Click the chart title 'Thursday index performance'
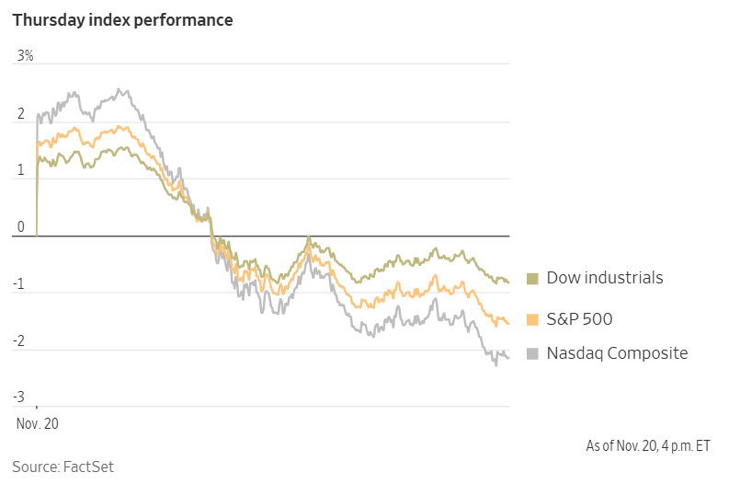pyautogui.click(x=122, y=19)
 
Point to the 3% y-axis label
pyautogui.click(x=25, y=56)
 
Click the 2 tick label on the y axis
pyautogui.click(x=21, y=113)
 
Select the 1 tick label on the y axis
pyautogui.click(x=21, y=170)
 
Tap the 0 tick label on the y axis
pyautogui.click(x=21, y=227)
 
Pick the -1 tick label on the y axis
pyautogui.click(x=20, y=284)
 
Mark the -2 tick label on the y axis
pyautogui.click(x=20, y=341)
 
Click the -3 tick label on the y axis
pyautogui.click(x=20, y=398)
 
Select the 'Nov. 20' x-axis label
pyautogui.click(x=37, y=423)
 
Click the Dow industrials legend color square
pyautogui.click(x=532, y=278)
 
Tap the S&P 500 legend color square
pyautogui.click(x=532, y=319)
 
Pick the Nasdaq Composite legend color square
pyautogui.click(x=532, y=353)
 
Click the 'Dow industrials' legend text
pyautogui.click(x=605, y=278)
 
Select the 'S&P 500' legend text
pyautogui.click(x=579, y=319)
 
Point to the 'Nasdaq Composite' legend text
pyautogui.click(x=617, y=353)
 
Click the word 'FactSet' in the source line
pyautogui.click(x=88, y=467)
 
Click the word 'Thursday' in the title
pyautogui.click(x=47, y=19)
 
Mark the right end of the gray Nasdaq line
pyautogui.click(x=508, y=358)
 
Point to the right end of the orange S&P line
pyautogui.click(x=508, y=323)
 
